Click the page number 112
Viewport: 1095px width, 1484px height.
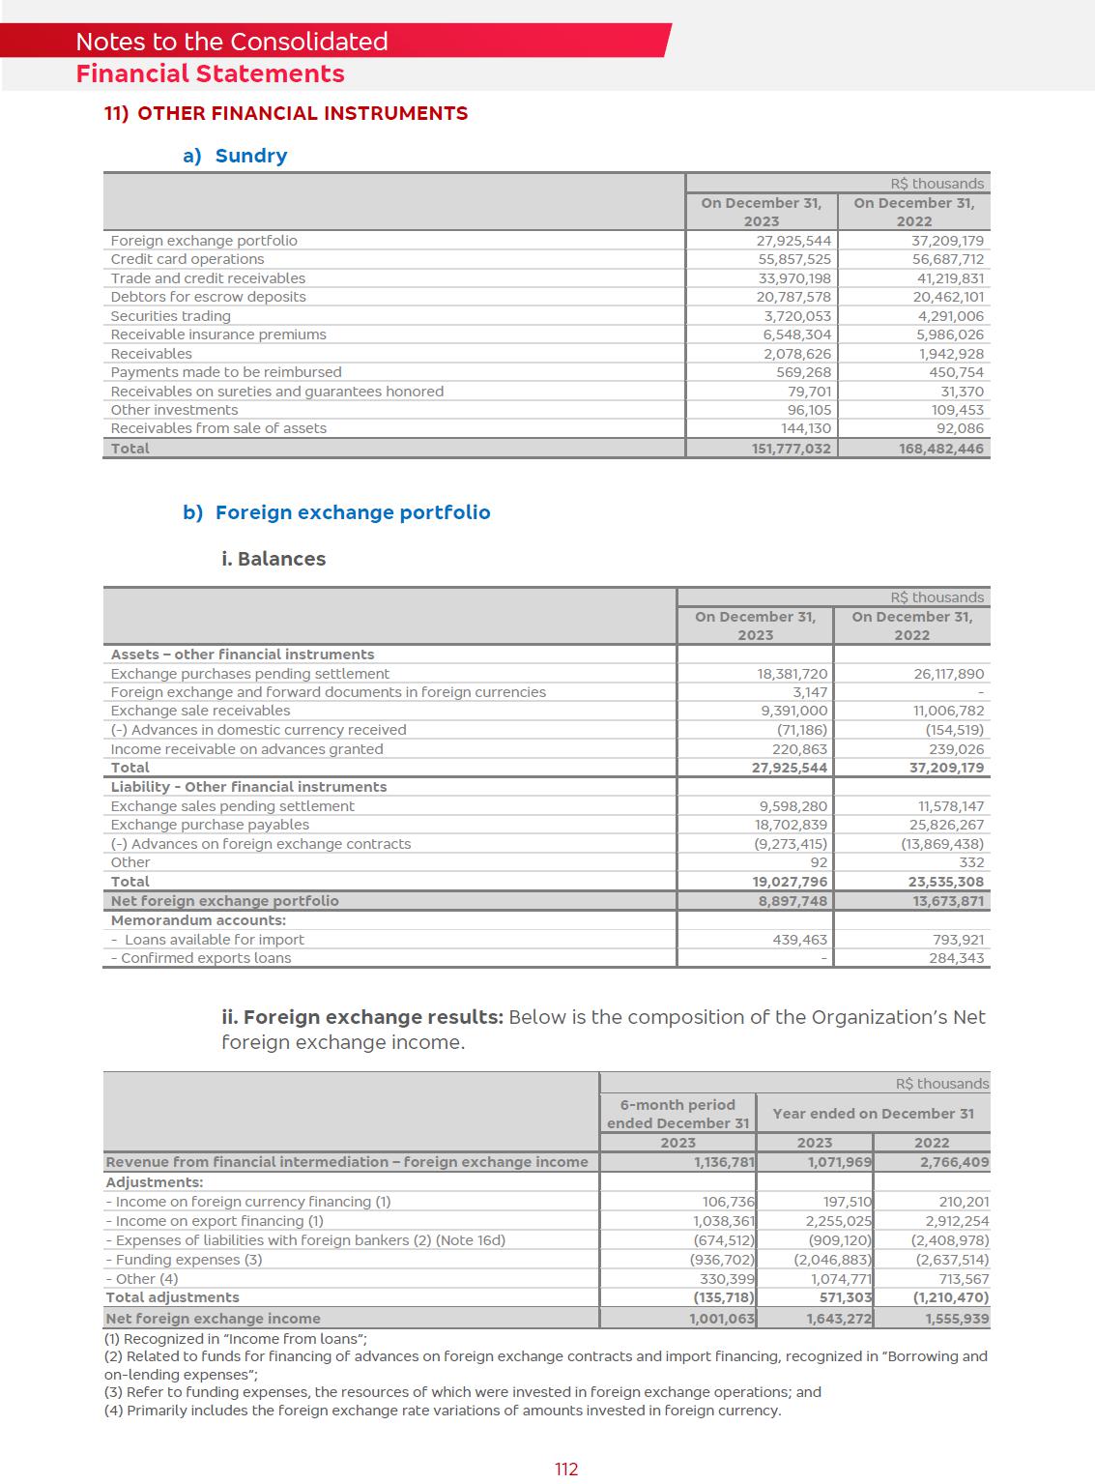pos(566,1469)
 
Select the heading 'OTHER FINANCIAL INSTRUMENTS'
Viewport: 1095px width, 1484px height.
pos(302,113)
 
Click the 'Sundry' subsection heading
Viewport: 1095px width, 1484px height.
pos(250,156)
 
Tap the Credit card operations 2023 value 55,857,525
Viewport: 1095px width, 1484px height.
pos(793,259)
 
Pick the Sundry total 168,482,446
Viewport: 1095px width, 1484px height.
pos(940,449)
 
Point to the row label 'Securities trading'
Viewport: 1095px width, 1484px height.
pos(170,316)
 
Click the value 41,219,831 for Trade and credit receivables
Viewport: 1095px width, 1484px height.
pos(950,278)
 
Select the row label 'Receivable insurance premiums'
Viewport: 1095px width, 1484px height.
pos(218,335)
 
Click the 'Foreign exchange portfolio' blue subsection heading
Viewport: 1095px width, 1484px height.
pos(352,512)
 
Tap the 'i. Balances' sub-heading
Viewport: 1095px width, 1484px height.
pos(274,559)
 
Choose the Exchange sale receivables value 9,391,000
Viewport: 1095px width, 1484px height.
pos(793,711)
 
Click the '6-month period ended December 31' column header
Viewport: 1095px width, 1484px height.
pos(677,1114)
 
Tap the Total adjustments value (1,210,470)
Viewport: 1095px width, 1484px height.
pos(951,1297)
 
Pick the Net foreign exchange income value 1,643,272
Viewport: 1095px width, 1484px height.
pos(839,1319)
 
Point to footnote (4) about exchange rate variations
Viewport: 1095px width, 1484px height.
pos(442,1411)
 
